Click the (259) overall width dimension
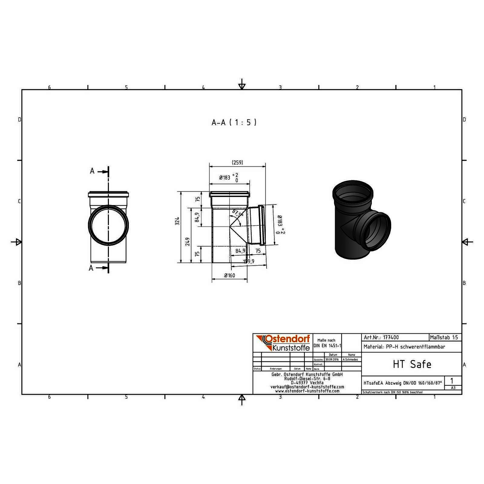click(x=237, y=163)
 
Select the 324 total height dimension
click(x=178, y=221)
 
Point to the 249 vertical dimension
click(x=188, y=241)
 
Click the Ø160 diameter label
click(x=229, y=276)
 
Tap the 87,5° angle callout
click(x=238, y=213)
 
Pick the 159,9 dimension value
click(x=249, y=261)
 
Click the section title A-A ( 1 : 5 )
click(x=234, y=123)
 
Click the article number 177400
click(x=391, y=338)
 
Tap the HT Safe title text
click(x=412, y=364)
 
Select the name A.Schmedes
click(x=351, y=360)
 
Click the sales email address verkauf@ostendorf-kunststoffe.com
click(x=307, y=387)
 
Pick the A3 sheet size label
click(x=453, y=388)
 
